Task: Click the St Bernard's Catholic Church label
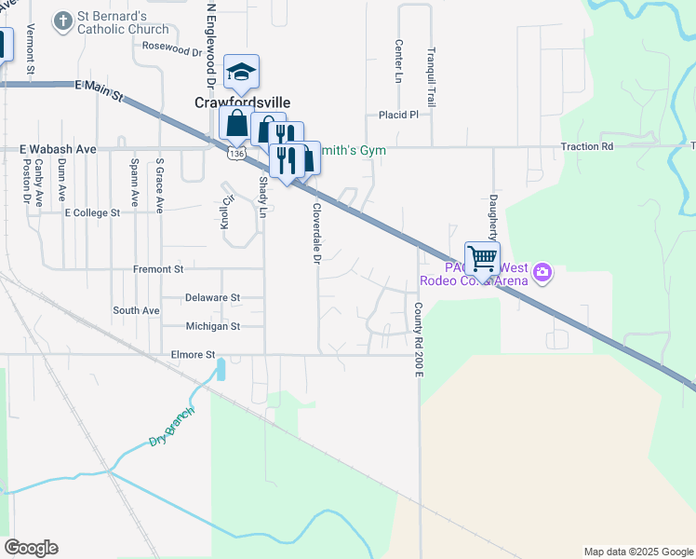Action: (123, 22)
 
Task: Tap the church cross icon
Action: (63, 21)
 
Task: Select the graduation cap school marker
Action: (241, 73)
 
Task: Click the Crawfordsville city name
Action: (242, 102)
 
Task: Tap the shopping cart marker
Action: (482, 259)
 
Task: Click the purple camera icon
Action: (542, 274)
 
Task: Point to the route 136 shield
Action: (237, 153)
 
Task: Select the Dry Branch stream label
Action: (172, 426)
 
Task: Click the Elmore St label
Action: (194, 355)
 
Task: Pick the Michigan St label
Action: (212, 326)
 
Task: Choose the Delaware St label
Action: (212, 298)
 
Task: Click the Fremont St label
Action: (158, 269)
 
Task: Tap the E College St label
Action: (92, 212)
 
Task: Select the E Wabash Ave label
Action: (58, 148)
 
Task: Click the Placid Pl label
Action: (398, 115)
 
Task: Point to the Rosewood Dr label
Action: (172, 46)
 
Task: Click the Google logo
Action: (31, 548)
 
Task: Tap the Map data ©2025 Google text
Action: (637, 552)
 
